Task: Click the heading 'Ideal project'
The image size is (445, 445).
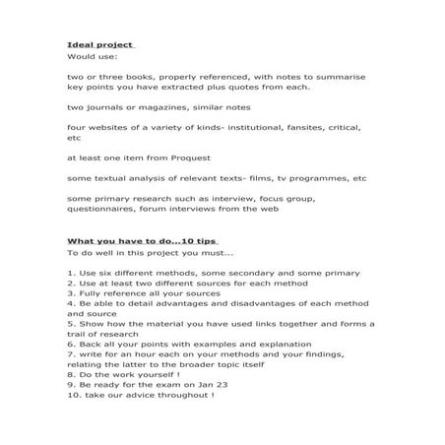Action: pyautogui.click(x=98, y=45)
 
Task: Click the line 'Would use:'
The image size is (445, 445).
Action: pyautogui.click(x=91, y=58)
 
